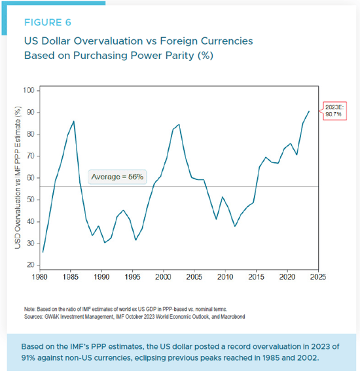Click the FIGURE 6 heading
pos(47,22)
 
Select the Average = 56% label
pos(117,177)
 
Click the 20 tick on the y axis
pos(30,265)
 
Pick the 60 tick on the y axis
pos(30,177)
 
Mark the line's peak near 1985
pos(73,121)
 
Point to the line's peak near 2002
pos(179,124)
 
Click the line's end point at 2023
pos(310,111)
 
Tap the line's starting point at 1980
pos(43,251)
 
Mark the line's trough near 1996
pos(135,240)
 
